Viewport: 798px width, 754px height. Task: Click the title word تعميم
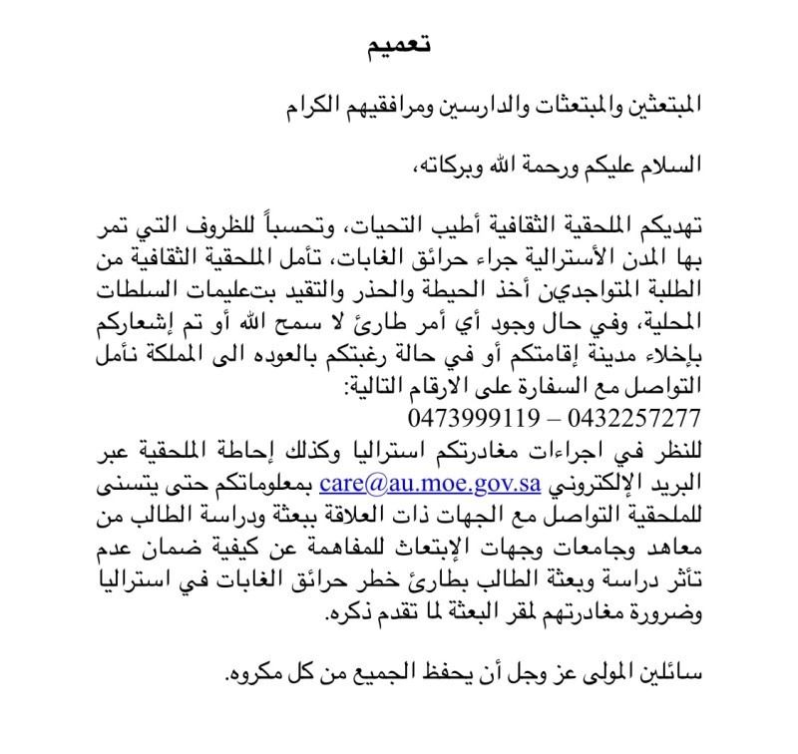click(x=398, y=45)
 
